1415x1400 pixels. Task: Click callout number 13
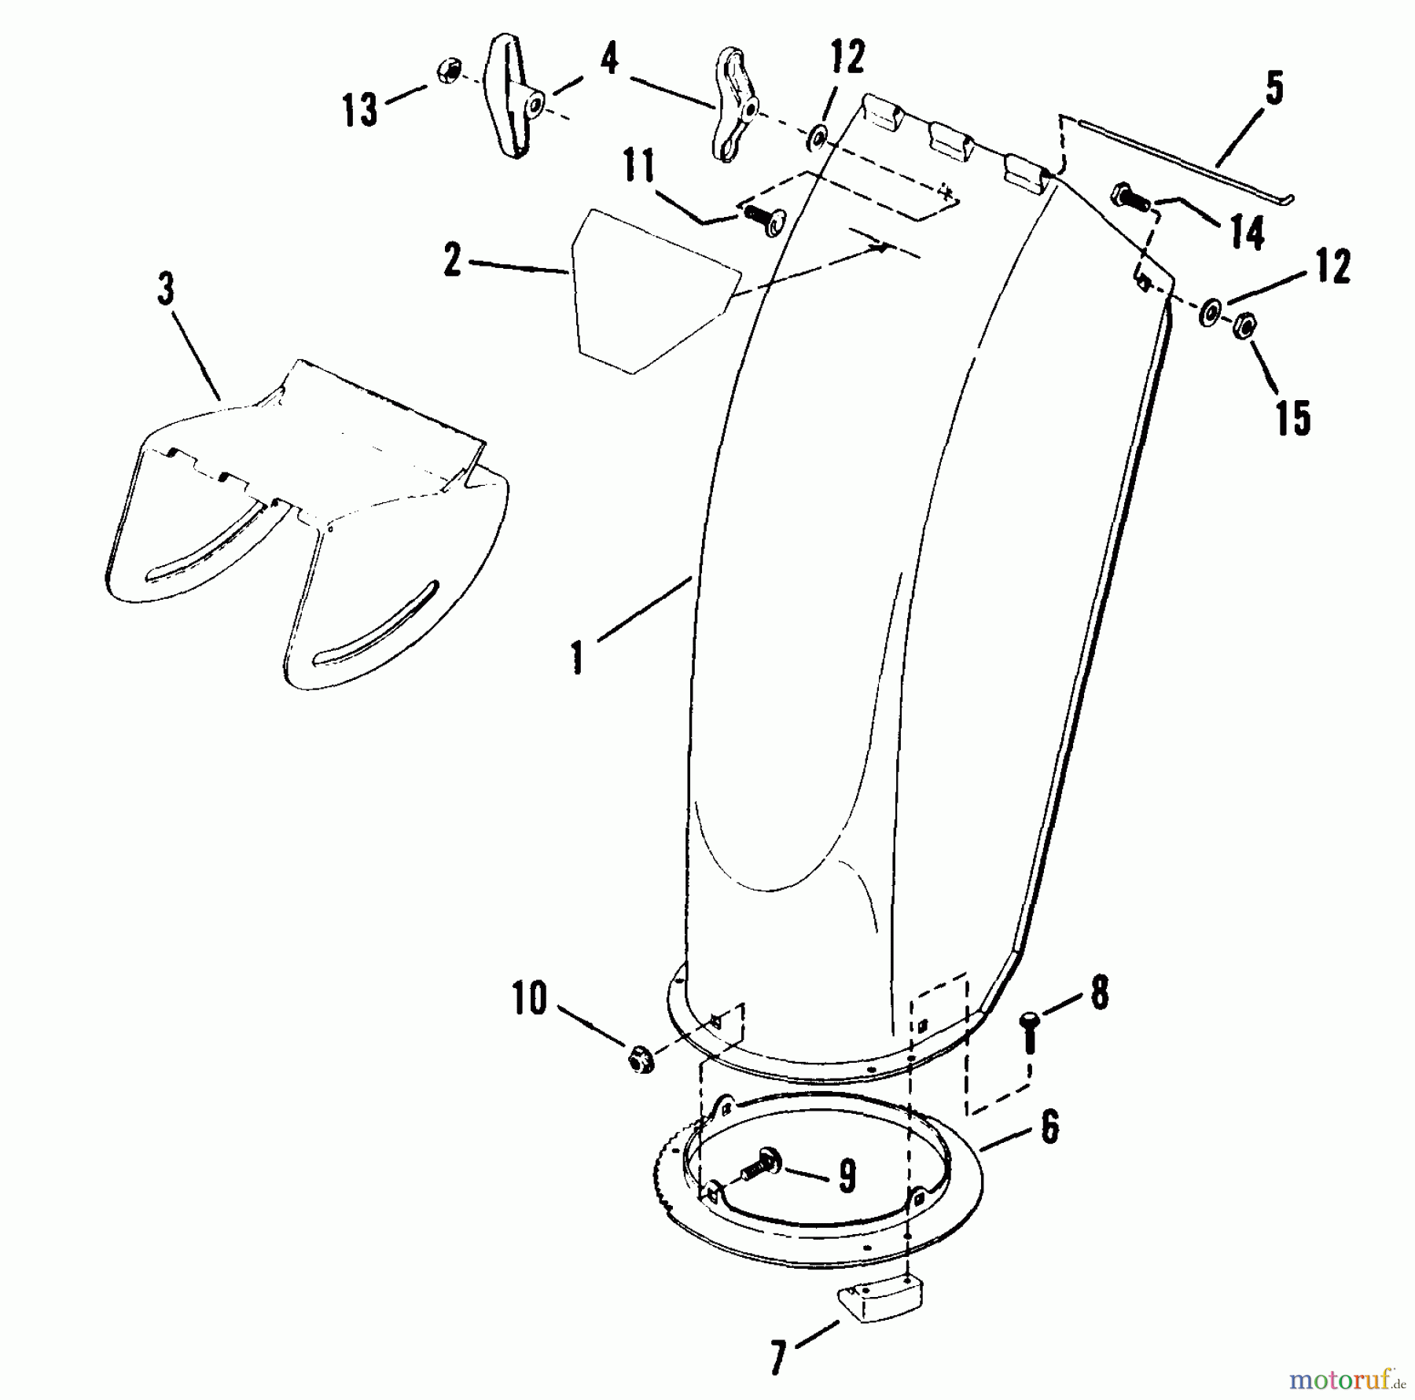click(361, 110)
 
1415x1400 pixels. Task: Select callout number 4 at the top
click(609, 59)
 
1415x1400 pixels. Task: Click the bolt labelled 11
click(762, 218)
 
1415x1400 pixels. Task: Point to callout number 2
click(452, 260)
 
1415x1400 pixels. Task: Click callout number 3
click(165, 289)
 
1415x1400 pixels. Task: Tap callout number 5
click(1274, 88)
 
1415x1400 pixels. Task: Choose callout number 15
click(1293, 417)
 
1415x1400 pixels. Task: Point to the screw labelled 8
click(1029, 1033)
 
